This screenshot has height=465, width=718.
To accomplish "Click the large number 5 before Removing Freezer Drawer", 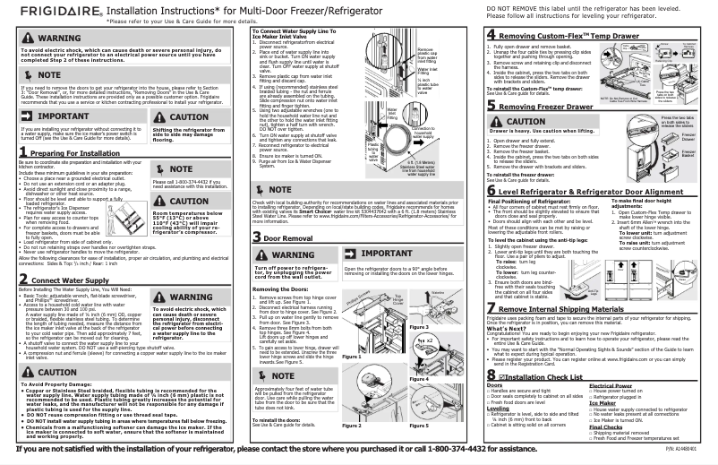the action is point(491,105).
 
